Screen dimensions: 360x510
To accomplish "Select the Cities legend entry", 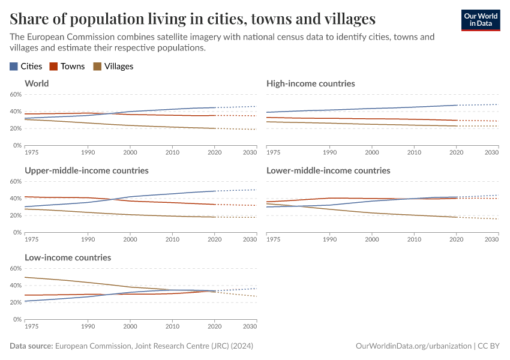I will [x=26, y=67].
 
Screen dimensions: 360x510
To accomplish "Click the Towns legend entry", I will [x=67, y=67].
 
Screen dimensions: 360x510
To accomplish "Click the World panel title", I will [x=37, y=83].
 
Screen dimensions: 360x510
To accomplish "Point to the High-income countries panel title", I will [x=310, y=83].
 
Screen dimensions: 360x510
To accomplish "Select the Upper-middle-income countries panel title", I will [x=86, y=170].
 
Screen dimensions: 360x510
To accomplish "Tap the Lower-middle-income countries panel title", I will [x=328, y=170].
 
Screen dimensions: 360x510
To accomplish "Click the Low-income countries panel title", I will [x=68, y=257].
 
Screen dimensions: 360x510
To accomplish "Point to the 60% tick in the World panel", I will [x=16, y=95].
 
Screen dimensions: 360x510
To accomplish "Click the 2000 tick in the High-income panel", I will [x=372, y=153].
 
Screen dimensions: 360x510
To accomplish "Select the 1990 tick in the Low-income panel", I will [x=88, y=327].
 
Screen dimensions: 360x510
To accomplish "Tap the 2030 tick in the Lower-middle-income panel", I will [x=491, y=240].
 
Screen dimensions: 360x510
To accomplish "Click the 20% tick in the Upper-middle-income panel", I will [x=16, y=215].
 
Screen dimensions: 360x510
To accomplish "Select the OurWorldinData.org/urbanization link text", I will [x=413, y=346].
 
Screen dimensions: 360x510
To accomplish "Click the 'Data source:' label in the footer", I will [x=31, y=346].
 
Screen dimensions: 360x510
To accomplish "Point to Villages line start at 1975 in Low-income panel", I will [x=25, y=277].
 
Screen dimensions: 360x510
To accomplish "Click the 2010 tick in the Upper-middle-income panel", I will [x=172, y=240].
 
